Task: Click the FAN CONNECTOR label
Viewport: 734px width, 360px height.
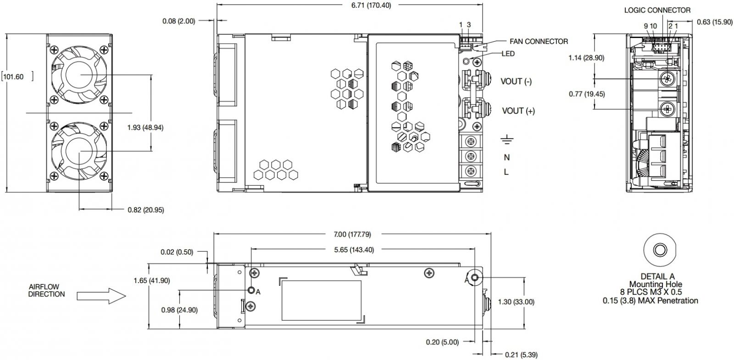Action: (539, 42)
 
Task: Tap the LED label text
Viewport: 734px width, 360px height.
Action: (508, 54)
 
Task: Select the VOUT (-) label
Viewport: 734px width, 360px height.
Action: (516, 81)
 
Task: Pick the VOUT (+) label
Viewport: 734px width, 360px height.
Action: (518, 111)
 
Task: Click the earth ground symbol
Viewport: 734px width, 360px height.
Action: (507, 140)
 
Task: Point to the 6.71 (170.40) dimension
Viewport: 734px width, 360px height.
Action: (371, 6)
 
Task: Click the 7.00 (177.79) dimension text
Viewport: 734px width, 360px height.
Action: (352, 234)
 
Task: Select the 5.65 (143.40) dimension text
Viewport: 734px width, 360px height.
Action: (354, 250)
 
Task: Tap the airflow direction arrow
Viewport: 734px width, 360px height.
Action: (101, 296)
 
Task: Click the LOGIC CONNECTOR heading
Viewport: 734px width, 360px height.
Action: (657, 10)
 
